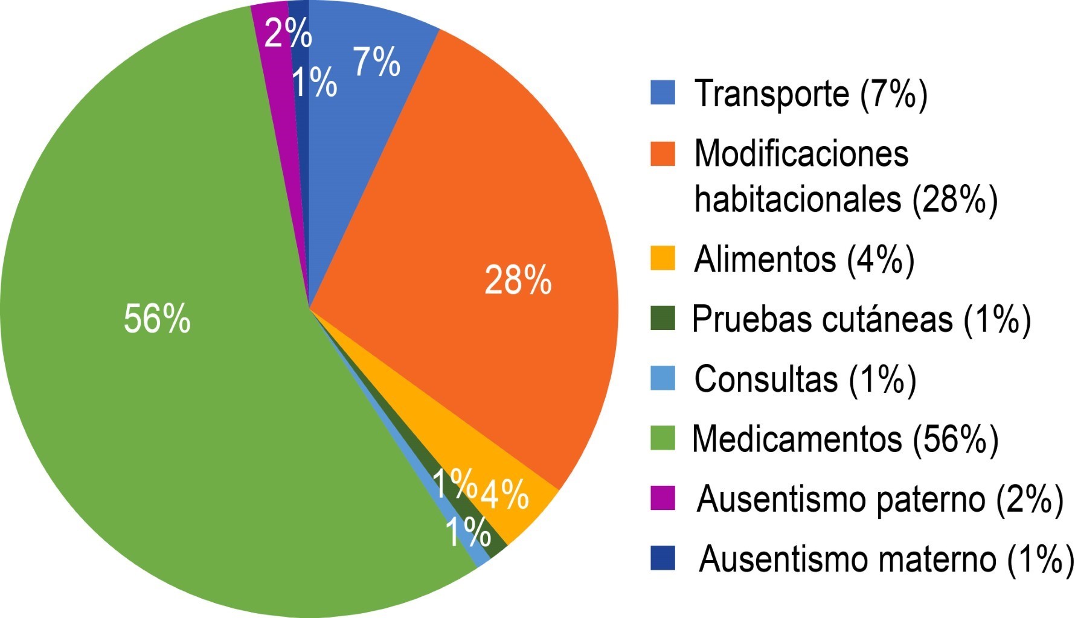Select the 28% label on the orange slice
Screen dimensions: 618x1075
(x=518, y=280)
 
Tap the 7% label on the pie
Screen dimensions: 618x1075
(x=376, y=62)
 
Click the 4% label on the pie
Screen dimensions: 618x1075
(x=504, y=494)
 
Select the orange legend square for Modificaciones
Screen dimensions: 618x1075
(x=663, y=153)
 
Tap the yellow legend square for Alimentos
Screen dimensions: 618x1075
(x=663, y=258)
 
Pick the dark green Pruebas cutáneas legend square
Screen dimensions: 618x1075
(x=663, y=318)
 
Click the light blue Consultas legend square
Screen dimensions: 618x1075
(x=663, y=378)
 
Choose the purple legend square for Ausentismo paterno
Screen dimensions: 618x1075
(x=663, y=499)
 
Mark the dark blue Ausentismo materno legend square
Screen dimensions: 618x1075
(x=663, y=558)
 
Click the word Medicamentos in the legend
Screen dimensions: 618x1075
(x=797, y=439)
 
